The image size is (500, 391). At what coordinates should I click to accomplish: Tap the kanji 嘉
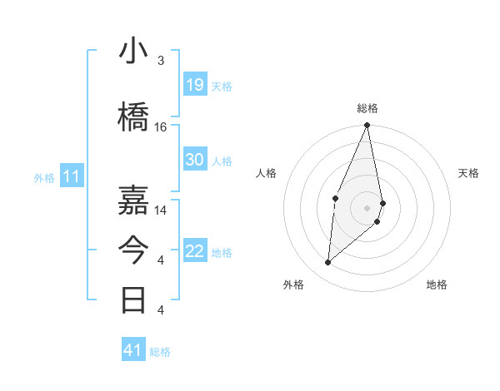point(134,200)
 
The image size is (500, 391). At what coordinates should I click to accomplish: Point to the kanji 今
point(134,250)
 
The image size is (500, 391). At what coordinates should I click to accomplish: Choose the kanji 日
point(134,299)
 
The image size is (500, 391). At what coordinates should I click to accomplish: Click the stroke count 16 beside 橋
point(161,127)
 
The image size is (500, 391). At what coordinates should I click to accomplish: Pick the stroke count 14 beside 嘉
point(161,210)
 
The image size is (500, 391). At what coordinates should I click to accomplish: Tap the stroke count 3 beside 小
point(161,61)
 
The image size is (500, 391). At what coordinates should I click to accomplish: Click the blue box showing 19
point(195,85)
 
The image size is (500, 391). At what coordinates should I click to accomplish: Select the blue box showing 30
point(195,160)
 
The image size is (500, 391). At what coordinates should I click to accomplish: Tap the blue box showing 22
point(195,252)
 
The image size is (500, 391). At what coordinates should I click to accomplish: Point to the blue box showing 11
point(72,176)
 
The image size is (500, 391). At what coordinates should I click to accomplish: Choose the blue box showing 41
point(133,350)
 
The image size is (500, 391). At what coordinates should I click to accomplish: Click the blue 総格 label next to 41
point(160,352)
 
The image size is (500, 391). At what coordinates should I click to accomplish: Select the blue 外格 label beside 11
point(44,177)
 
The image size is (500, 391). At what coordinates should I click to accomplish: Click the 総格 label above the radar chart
point(367,108)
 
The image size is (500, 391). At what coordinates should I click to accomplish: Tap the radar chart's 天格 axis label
point(469,173)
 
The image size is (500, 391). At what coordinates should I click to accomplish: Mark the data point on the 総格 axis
point(367,126)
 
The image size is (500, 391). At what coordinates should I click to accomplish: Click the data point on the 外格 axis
point(328,263)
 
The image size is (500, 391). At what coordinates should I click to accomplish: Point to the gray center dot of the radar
point(367,208)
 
